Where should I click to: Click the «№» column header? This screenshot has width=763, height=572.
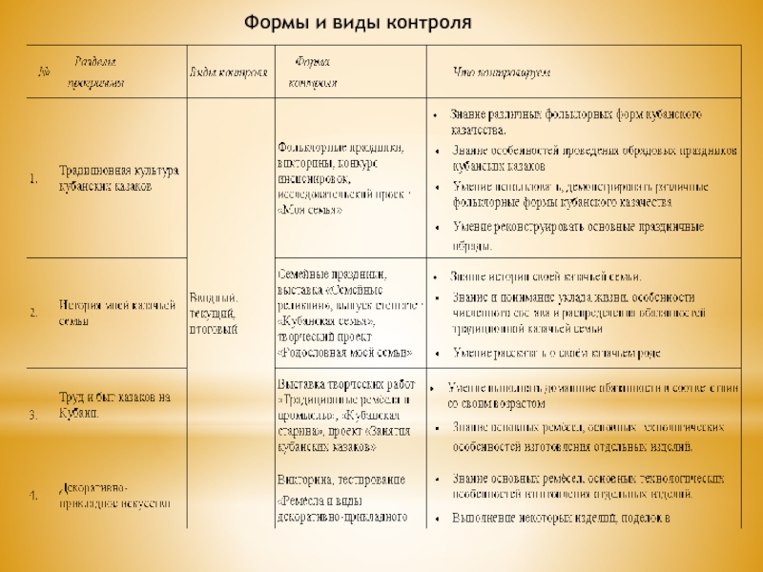coord(41,72)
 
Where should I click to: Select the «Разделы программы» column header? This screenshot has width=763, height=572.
coord(95,72)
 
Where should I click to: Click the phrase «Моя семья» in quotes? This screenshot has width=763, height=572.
coord(311,209)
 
